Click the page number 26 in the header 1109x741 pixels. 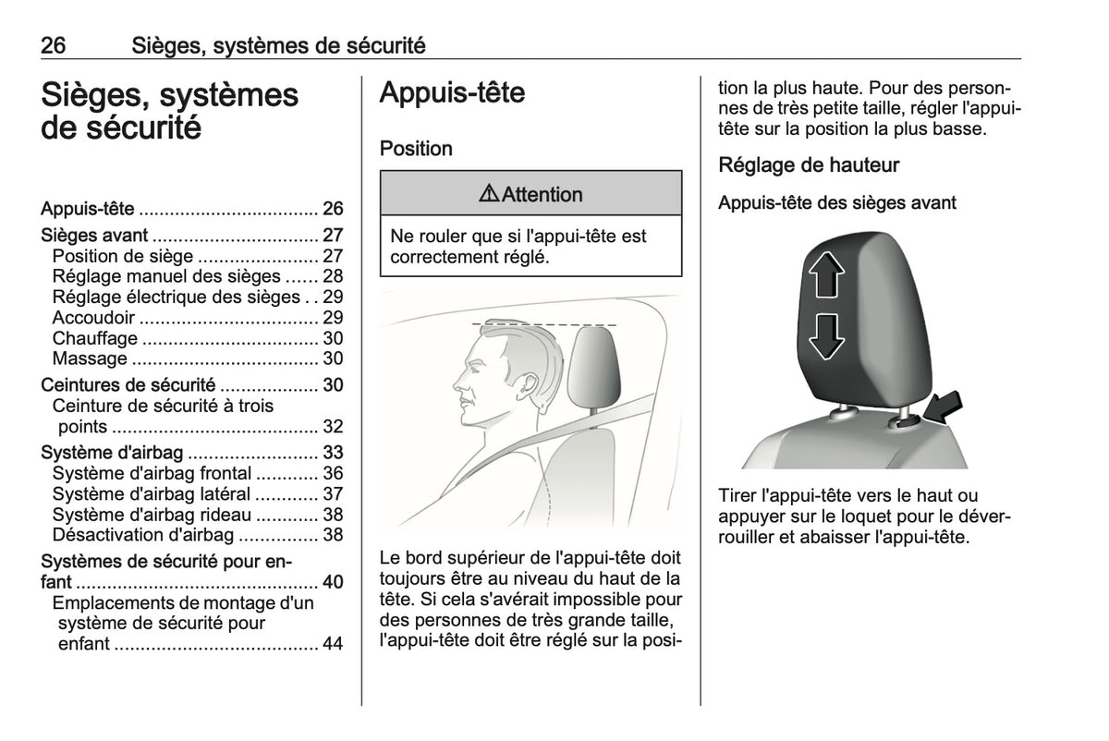(x=53, y=45)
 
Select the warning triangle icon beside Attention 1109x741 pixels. (x=489, y=193)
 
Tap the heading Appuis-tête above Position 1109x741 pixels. (x=452, y=92)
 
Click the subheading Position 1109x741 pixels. (x=416, y=149)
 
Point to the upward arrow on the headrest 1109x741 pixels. (x=826, y=274)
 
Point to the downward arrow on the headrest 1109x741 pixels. (x=826, y=336)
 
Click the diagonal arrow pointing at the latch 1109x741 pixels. (x=944, y=408)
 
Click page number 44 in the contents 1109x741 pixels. (x=333, y=643)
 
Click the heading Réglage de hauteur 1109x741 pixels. (x=809, y=165)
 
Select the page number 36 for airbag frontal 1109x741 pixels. (x=333, y=473)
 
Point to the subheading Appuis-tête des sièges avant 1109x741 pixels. (x=836, y=203)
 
